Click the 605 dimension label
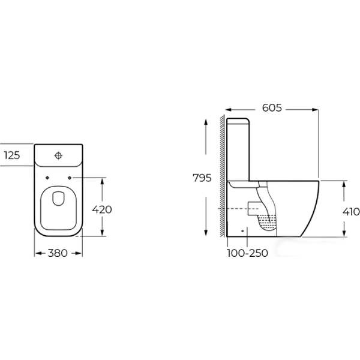click(x=272, y=107)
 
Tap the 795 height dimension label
click(x=202, y=178)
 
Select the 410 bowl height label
click(x=351, y=212)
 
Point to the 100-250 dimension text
click(x=247, y=253)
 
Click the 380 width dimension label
click(x=58, y=253)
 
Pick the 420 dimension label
click(x=102, y=209)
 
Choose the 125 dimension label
click(x=12, y=155)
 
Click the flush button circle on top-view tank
click(x=59, y=155)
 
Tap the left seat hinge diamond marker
click(x=47, y=178)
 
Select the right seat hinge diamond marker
click(x=70, y=178)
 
